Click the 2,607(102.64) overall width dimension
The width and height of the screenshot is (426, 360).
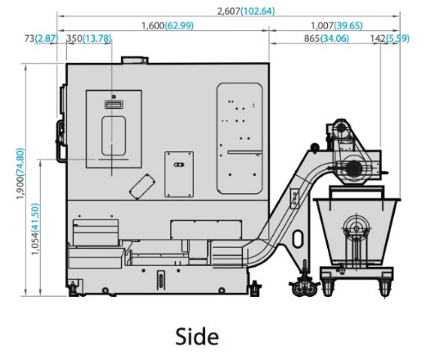(x=246, y=11)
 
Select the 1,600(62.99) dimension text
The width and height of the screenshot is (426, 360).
(x=168, y=25)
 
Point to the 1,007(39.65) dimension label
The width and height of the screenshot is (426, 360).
(x=337, y=25)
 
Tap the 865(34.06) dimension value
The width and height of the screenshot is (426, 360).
(x=326, y=38)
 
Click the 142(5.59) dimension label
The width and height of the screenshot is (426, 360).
(x=390, y=38)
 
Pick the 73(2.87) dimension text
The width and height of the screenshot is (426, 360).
(x=41, y=38)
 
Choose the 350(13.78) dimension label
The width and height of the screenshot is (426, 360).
(x=89, y=38)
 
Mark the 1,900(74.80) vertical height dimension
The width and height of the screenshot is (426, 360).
(x=20, y=173)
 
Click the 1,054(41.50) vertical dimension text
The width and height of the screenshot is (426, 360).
(x=35, y=229)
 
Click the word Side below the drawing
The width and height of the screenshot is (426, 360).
(x=197, y=337)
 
